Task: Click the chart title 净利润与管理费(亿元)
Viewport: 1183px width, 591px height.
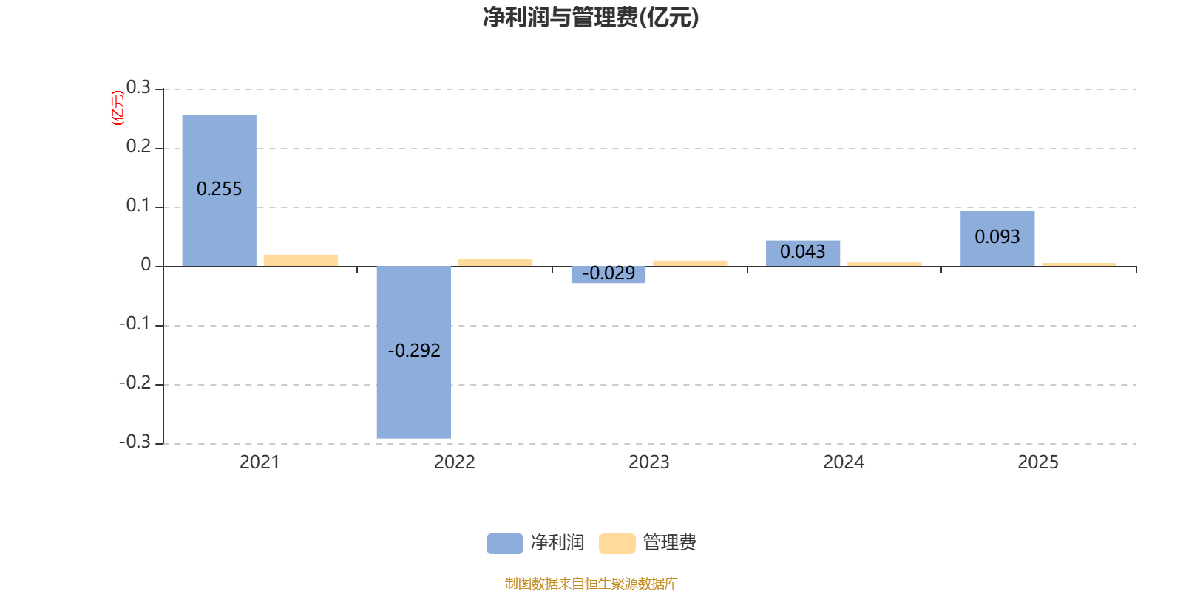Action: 591,17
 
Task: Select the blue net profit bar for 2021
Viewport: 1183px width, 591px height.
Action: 219,191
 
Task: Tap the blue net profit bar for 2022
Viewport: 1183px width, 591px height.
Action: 414,352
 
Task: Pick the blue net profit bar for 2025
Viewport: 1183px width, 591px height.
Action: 997,239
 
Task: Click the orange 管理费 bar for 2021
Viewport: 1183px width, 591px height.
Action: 301,261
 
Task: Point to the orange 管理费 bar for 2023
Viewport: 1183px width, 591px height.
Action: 690,263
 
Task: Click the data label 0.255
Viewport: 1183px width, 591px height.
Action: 219,189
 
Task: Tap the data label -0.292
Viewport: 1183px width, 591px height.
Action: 414,350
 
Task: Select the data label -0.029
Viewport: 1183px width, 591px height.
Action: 609,273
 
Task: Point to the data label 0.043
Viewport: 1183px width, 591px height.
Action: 803,252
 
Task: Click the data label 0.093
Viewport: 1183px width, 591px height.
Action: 997,237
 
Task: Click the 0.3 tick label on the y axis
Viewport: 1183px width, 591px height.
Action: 138,87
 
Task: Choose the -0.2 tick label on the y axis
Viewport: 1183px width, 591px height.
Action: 135,383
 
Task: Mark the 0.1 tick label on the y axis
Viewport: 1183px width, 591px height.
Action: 138,205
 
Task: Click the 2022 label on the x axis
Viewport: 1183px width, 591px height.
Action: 455,462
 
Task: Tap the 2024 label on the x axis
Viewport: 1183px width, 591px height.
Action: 844,462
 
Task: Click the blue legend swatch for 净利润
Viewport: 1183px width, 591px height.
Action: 505,544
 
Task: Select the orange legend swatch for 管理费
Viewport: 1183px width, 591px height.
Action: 617,544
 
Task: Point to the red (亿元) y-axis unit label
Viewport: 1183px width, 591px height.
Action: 118,108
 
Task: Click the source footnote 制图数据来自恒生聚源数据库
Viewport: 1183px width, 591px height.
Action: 591,583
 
